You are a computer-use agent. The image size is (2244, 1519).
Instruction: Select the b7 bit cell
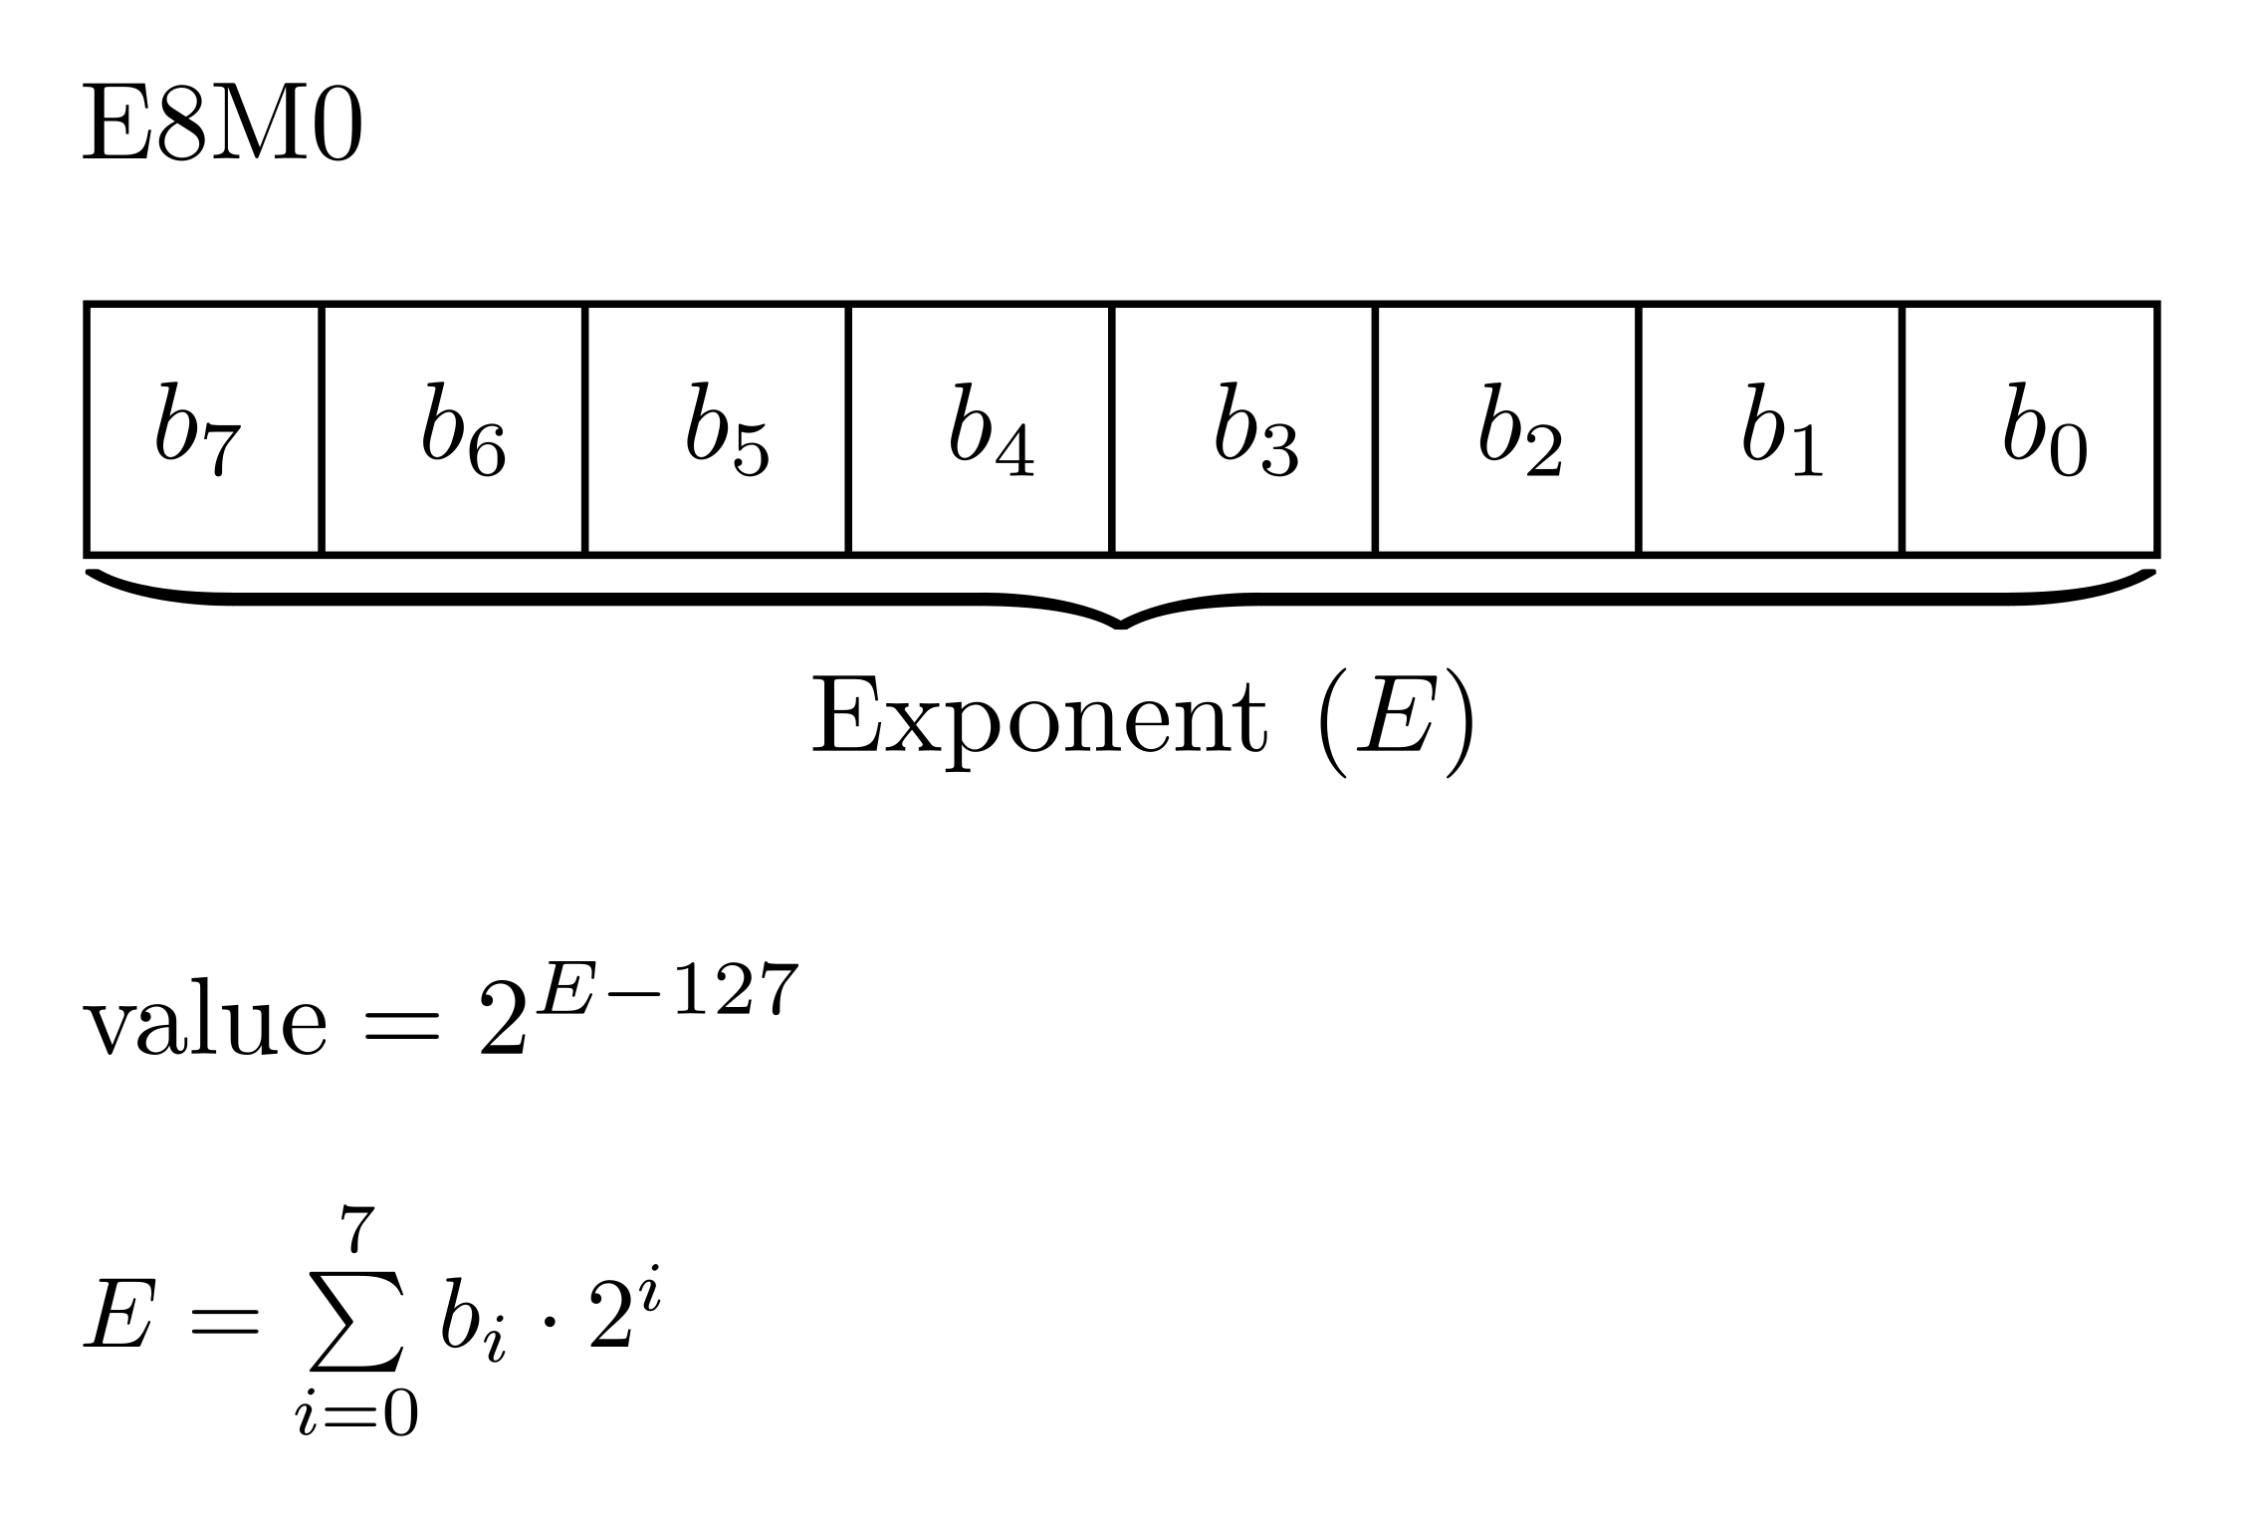pyautogui.click(x=203, y=429)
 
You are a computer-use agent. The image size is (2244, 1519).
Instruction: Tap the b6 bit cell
pyautogui.click(x=454, y=429)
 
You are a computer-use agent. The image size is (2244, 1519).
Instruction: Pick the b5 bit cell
pyautogui.click(x=717, y=429)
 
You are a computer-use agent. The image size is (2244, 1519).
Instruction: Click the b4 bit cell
pyautogui.click(x=980, y=429)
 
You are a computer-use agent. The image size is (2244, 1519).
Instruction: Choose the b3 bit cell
pyautogui.click(x=1242, y=429)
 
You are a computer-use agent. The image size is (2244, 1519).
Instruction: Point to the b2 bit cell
pyautogui.click(x=1506, y=429)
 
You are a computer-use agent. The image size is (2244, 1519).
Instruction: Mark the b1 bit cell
pyautogui.click(x=1769, y=429)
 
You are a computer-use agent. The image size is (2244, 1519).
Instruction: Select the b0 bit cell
pyautogui.click(x=2031, y=429)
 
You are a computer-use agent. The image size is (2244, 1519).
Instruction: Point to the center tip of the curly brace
pyautogui.click(x=1121, y=624)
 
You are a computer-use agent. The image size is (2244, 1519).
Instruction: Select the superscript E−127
pyautogui.click(x=667, y=989)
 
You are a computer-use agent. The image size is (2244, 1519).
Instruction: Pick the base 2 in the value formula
pyautogui.click(x=501, y=1026)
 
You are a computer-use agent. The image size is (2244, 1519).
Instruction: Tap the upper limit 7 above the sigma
pyautogui.click(x=356, y=1229)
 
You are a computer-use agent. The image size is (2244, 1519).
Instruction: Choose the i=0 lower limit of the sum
pyautogui.click(x=356, y=1413)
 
